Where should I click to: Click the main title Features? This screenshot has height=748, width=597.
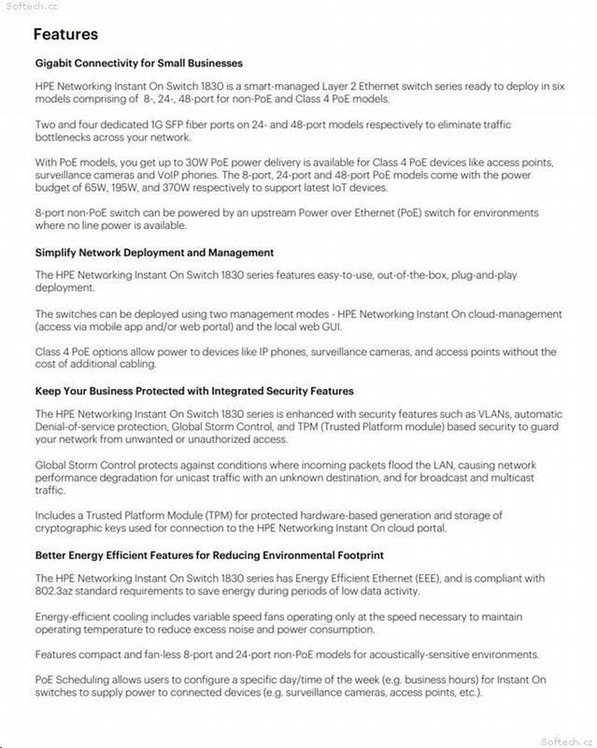pos(65,35)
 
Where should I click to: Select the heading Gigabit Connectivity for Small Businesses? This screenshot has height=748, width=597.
pos(138,64)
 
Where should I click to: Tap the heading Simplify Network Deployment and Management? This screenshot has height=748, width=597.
pos(154,252)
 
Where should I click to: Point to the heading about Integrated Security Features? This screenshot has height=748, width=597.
pos(194,391)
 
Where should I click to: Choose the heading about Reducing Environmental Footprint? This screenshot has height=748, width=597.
pos(209,554)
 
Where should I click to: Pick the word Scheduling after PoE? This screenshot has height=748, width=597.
pos(89,680)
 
